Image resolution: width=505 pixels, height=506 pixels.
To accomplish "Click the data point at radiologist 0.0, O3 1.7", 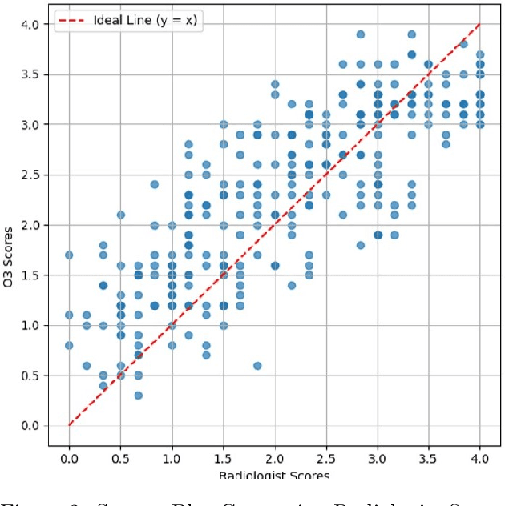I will pyautogui.click(x=69, y=255).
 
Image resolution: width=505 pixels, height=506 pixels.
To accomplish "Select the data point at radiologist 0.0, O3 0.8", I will pyautogui.click(x=69, y=345).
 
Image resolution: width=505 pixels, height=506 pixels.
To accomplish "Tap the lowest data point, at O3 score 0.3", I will pyautogui.click(x=138, y=395).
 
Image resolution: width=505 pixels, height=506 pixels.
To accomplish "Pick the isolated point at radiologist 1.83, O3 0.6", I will pyautogui.click(x=257, y=365).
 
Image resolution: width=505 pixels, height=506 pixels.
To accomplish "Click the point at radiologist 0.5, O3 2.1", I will pyautogui.click(x=120, y=215).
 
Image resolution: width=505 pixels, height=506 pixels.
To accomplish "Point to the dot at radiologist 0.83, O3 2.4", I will pyautogui.click(x=155, y=184).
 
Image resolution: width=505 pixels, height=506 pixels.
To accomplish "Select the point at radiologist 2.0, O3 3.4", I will pyautogui.click(x=275, y=84).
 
